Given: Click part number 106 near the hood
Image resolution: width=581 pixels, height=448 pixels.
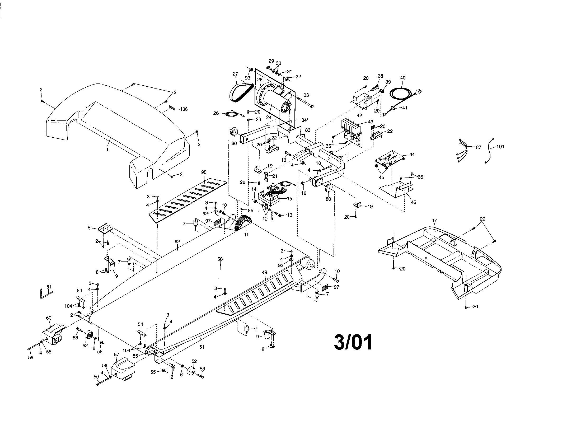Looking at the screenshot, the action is [184, 109].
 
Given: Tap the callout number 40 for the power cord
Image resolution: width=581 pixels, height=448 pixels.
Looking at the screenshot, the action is [403, 78].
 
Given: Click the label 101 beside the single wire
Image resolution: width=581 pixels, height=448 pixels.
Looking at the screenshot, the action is [500, 147].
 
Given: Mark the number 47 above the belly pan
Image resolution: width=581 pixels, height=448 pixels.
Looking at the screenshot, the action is [434, 221].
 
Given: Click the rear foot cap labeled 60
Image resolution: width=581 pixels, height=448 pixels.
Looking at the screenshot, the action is [53, 334].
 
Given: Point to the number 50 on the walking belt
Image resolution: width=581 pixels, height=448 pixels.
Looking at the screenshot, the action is [220, 259].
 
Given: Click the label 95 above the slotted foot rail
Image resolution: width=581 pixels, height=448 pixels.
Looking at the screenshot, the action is [204, 172].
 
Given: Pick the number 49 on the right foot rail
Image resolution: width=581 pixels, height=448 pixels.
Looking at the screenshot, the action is [264, 272].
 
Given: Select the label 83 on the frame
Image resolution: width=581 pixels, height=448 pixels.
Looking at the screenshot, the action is [307, 130].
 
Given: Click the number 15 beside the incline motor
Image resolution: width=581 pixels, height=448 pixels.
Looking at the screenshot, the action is [289, 198].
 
